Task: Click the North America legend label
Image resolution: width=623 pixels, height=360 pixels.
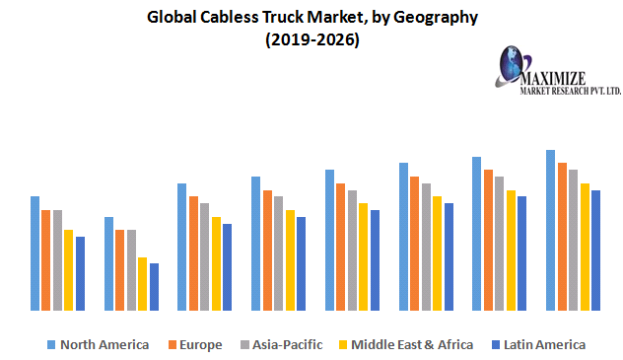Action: click(x=104, y=344)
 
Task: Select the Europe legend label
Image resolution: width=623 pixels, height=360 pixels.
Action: click(x=200, y=344)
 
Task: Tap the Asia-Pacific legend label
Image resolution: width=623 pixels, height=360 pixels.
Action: click(x=286, y=344)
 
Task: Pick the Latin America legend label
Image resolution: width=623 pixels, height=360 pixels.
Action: click(x=544, y=344)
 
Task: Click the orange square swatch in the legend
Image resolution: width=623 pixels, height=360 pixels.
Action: click(x=172, y=345)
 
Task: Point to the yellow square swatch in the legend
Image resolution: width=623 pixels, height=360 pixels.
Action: click(x=344, y=345)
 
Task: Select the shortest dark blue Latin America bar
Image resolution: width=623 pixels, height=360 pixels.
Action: click(x=154, y=286)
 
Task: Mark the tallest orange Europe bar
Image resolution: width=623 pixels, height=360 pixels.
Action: click(x=562, y=236)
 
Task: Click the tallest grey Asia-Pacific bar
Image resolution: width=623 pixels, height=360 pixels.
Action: click(x=573, y=240)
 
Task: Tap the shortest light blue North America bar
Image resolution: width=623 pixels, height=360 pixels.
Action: click(x=108, y=263)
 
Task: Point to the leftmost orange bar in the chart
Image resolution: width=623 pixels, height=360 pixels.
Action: click(x=45, y=260)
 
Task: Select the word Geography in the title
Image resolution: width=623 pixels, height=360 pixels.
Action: click(x=434, y=17)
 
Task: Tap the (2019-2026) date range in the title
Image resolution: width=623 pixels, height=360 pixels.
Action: click(x=311, y=40)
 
